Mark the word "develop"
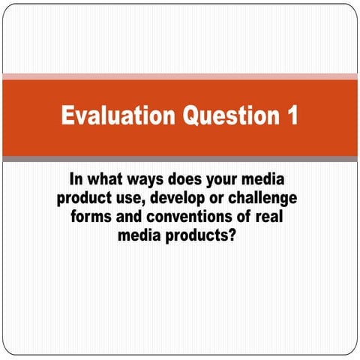tap(176, 199)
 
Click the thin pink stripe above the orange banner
tap(180, 76)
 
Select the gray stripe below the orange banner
tap(180, 158)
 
